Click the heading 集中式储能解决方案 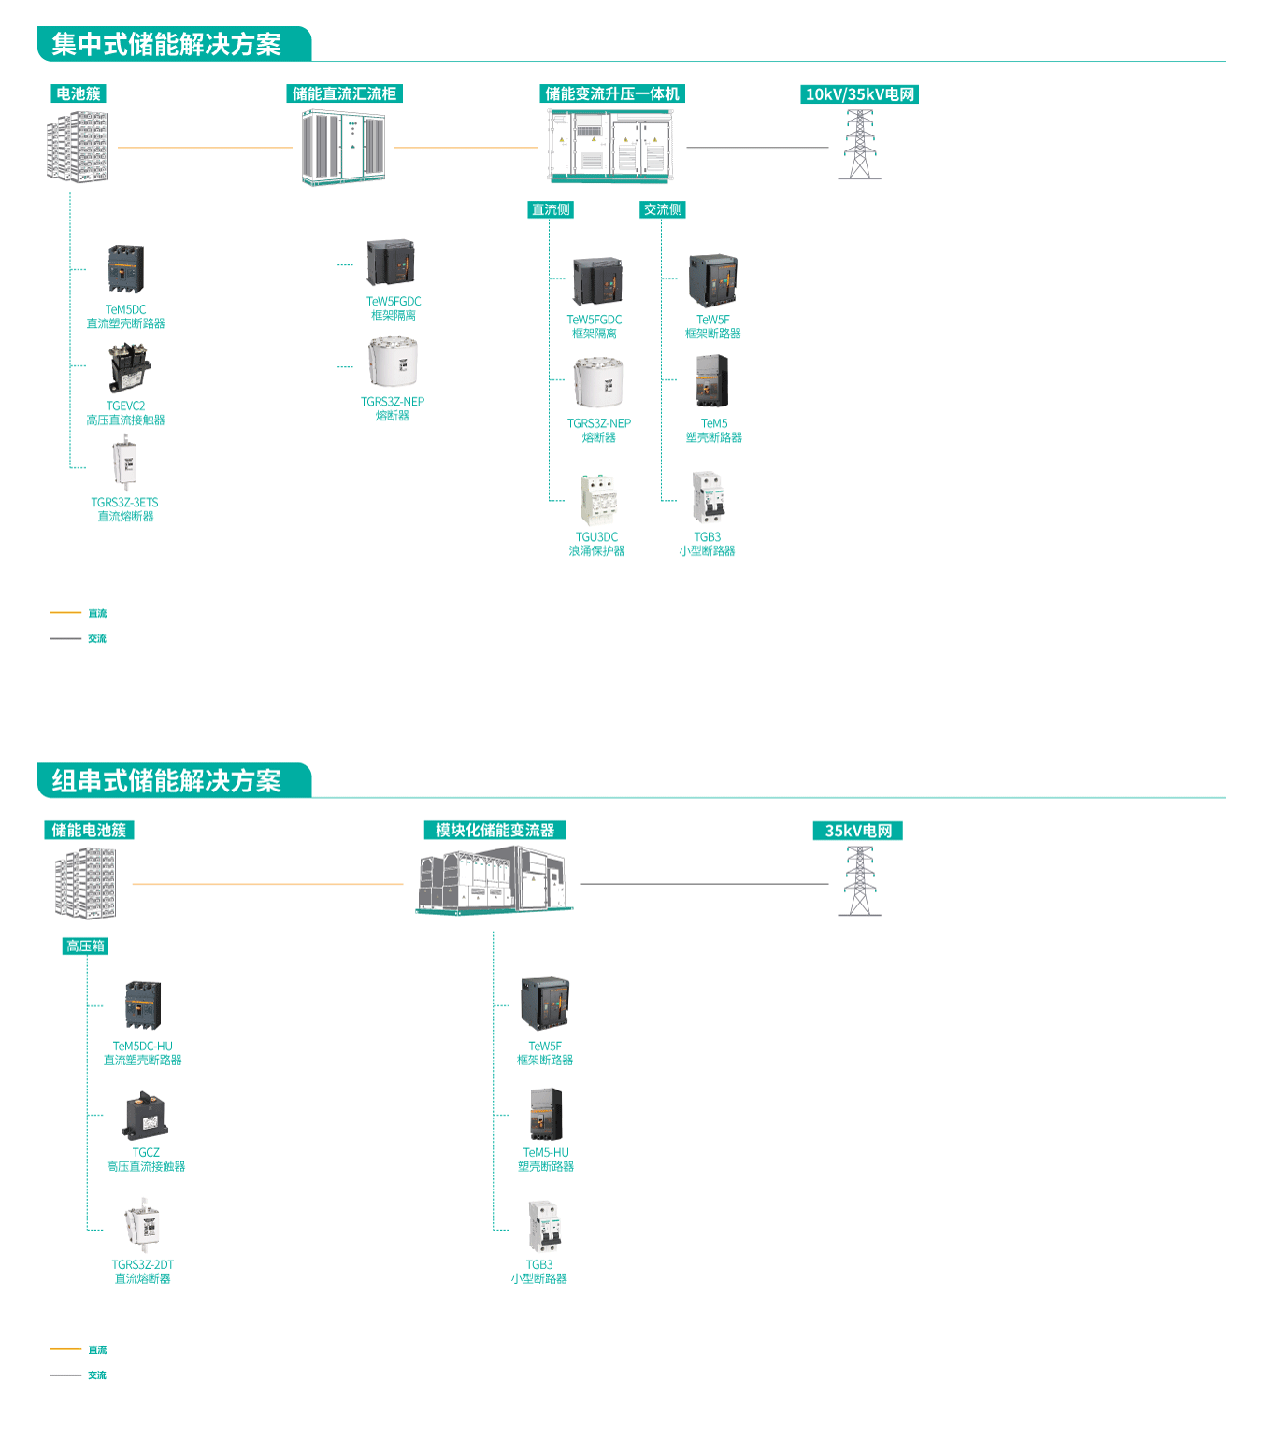tap(166, 44)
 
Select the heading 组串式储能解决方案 tap(166, 780)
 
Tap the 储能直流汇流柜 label tap(344, 93)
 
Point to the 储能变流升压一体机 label tap(612, 93)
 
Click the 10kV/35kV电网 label tap(860, 94)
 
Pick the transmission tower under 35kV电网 tap(859, 881)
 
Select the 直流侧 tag tap(551, 209)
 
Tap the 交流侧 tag tap(663, 209)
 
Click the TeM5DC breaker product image tap(126, 269)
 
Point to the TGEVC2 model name tap(125, 406)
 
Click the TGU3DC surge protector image tap(597, 500)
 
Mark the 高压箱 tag tap(85, 946)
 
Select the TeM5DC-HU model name tap(142, 1046)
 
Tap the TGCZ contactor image tap(145, 1114)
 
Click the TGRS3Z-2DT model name tap(142, 1264)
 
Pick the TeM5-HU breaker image tap(546, 1114)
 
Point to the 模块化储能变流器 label tap(495, 830)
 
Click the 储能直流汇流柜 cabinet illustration tap(343, 147)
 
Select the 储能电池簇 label tap(89, 830)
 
